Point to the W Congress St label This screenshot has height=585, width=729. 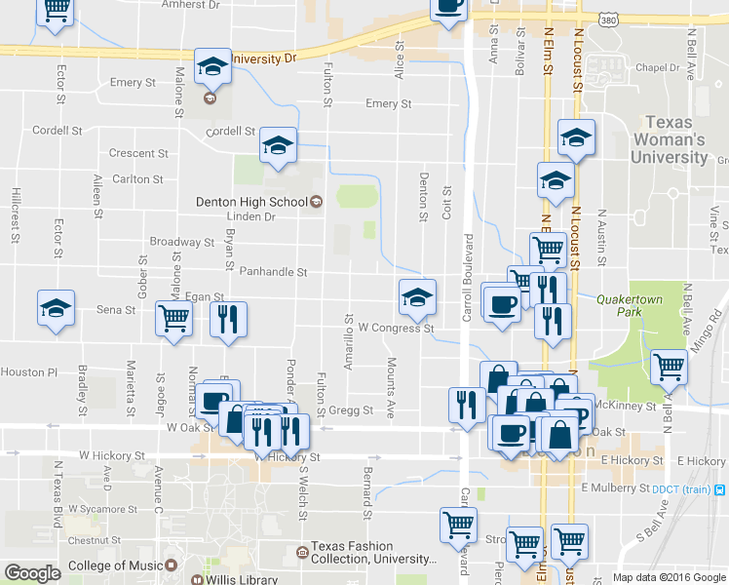click(x=395, y=329)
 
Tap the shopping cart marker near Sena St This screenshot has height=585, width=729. click(x=174, y=317)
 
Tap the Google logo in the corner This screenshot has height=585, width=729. click(x=33, y=573)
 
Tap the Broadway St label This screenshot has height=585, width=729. click(x=181, y=242)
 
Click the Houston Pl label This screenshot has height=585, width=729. click(x=29, y=372)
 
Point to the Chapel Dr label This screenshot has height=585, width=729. click(x=656, y=68)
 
